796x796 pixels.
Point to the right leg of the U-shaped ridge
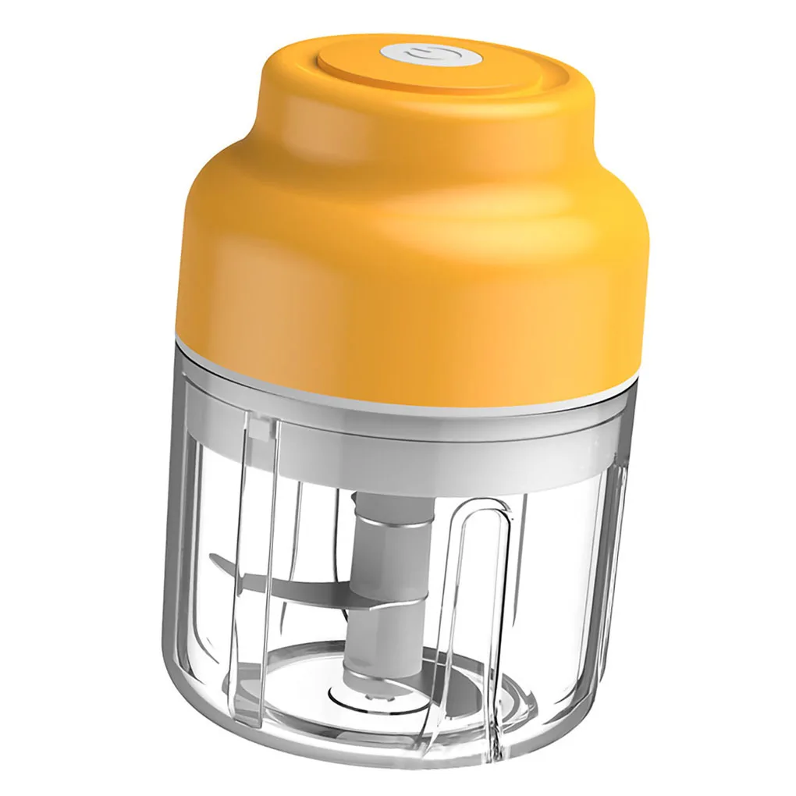(x=507, y=624)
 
